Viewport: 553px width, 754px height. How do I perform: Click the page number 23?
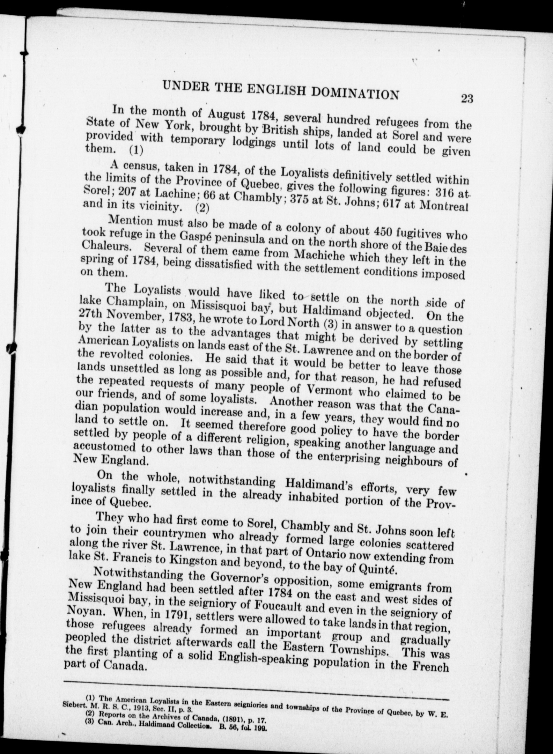pos(466,99)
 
